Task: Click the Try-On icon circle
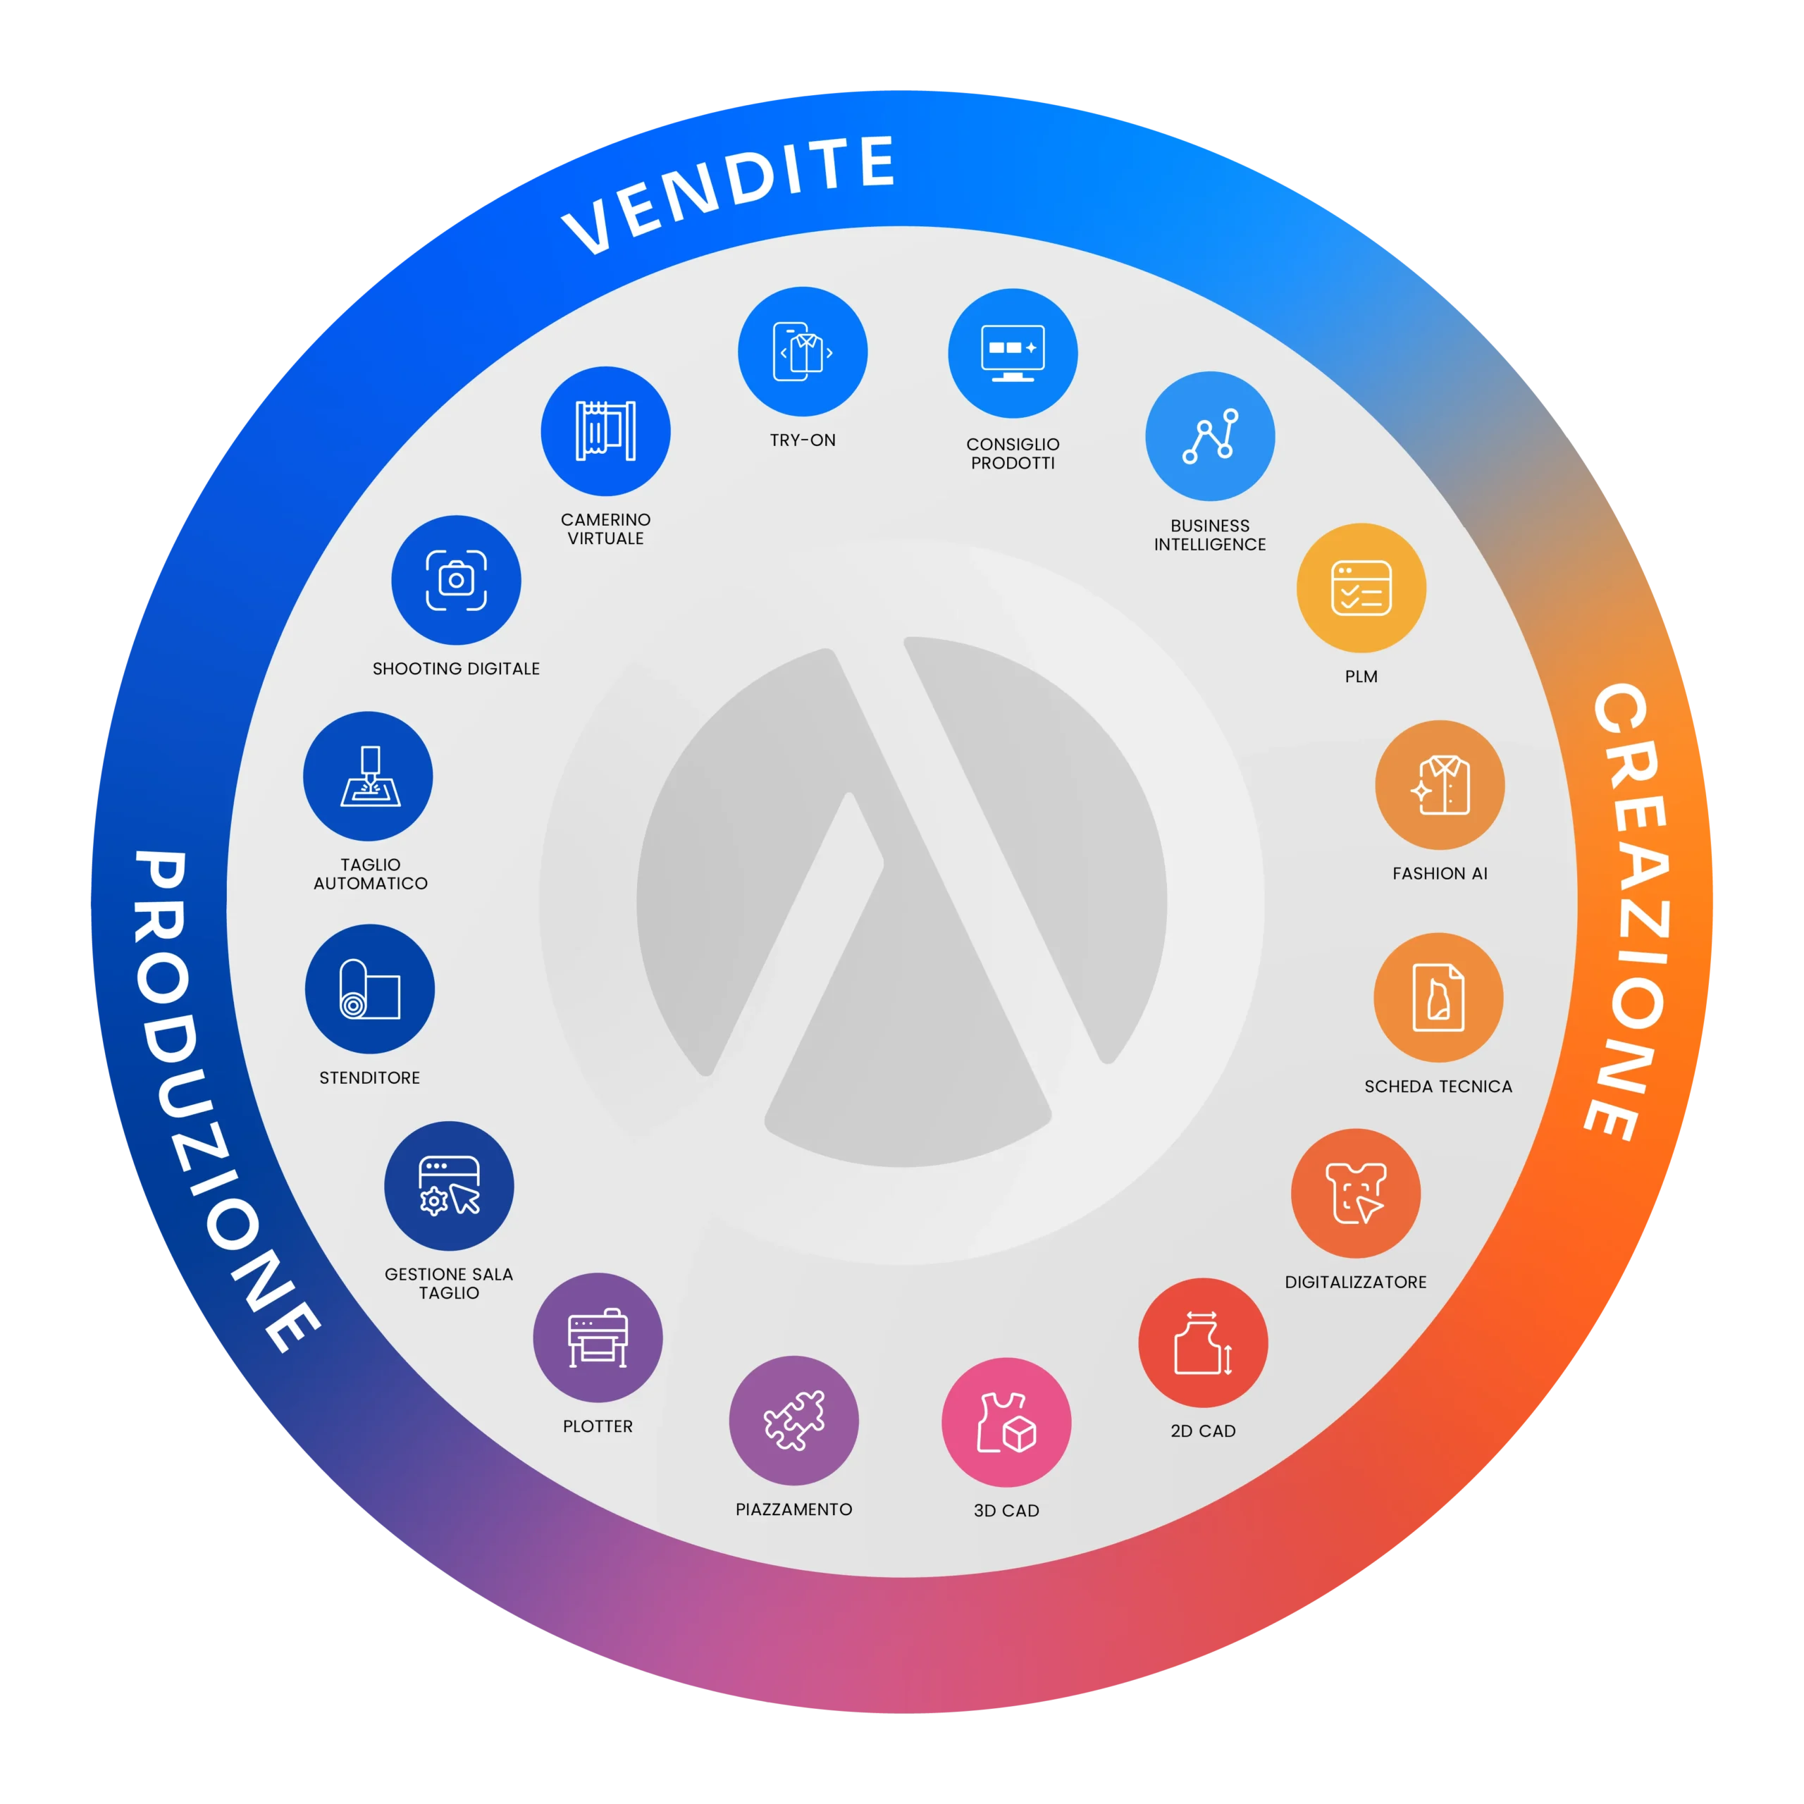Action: (802, 351)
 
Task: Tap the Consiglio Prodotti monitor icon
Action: (1012, 353)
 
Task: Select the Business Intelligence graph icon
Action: (1210, 436)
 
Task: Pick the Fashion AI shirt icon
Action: (1440, 784)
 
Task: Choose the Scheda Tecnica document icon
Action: (1438, 997)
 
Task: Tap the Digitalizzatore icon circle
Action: (1356, 1193)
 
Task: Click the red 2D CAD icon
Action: (1203, 1342)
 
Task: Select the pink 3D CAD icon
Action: (1006, 1422)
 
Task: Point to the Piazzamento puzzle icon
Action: (793, 1420)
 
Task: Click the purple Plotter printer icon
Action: (598, 1337)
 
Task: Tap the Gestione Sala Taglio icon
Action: (449, 1186)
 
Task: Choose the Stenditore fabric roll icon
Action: (370, 989)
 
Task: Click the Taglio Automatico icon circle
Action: (368, 776)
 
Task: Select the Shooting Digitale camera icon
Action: (456, 580)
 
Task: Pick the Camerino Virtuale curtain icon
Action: (605, 431)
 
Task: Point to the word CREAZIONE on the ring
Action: (1629, 910)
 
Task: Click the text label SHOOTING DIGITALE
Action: (456, 669)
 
